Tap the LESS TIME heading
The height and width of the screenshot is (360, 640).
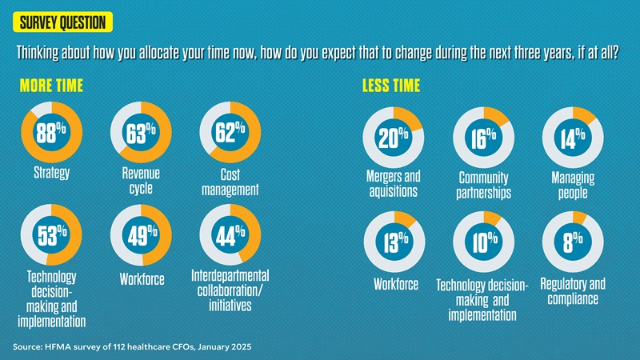[391, 85]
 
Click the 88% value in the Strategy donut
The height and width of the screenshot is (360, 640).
[51, 133]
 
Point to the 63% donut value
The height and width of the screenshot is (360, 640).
[141, 133]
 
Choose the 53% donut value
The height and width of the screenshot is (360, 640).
[51, 234]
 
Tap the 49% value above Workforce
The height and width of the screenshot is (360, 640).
[141, 236]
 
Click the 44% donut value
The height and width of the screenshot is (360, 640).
[230, 234]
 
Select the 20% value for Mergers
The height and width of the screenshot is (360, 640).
[394, 138]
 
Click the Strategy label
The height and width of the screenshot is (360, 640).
[51, 173]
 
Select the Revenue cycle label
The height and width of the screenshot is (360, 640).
[141, 182]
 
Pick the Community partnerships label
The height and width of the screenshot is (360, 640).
[483, 186]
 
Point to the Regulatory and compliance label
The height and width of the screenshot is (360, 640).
[573, 291]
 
